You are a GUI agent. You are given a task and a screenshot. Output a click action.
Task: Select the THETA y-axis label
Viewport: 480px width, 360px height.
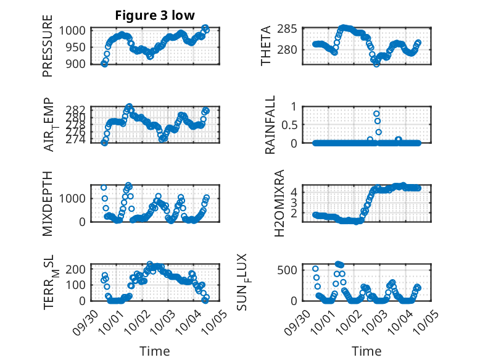tap(266, 46)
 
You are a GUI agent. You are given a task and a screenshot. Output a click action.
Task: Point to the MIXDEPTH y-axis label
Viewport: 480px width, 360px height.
tap(48, 203)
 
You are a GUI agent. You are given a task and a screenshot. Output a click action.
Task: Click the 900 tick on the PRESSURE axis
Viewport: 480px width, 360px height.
tap(78, 64)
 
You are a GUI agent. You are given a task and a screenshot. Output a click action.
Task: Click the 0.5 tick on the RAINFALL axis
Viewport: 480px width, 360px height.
tap(290, 125)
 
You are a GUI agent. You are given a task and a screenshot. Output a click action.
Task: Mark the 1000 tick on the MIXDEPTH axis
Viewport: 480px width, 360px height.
tap(76, 198)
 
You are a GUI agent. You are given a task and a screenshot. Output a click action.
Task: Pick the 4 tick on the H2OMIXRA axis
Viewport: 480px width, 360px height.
tap(294, 192)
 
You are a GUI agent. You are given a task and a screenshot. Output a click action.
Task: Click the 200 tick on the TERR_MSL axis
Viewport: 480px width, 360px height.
tap(78, 269)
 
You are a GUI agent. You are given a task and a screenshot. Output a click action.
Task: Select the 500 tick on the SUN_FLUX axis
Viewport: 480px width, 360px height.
tap(292, 270)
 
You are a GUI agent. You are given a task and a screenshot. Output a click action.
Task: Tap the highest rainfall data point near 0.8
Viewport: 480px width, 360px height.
tap(376, 114)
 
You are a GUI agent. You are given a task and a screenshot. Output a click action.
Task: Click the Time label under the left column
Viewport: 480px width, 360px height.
tap(154, 351)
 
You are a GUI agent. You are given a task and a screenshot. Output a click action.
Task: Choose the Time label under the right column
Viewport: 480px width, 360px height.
tap(366, 351)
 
